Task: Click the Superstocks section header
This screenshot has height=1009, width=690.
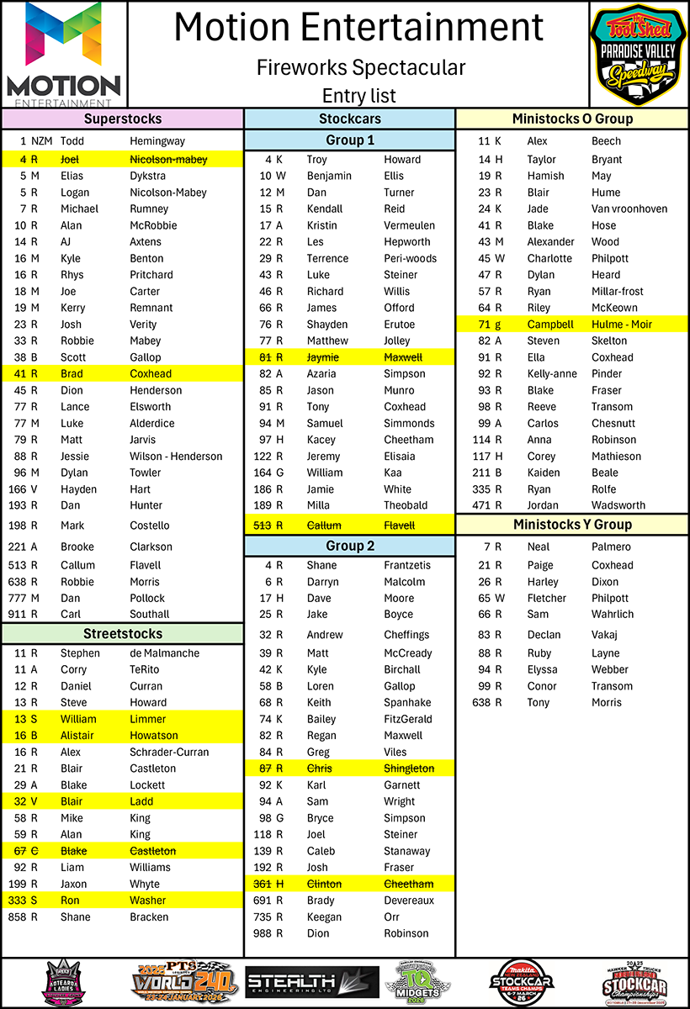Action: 123,119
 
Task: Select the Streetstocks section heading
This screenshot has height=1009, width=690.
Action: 123,633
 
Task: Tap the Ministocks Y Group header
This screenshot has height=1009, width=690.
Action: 572,525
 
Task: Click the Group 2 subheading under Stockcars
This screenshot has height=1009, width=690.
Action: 350,546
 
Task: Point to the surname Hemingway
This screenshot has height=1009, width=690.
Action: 157,141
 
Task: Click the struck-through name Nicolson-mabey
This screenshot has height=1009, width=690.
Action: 167,159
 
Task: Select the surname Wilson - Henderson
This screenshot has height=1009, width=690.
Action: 176,457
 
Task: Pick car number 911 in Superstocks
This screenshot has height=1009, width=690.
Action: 18,615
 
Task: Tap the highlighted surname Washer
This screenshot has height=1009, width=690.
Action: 148,901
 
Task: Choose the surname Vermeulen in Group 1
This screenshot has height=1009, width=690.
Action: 409,225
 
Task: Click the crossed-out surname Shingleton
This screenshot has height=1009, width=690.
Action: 409,769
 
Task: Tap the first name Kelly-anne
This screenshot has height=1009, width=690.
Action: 552,374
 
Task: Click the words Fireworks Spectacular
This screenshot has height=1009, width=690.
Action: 361,67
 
